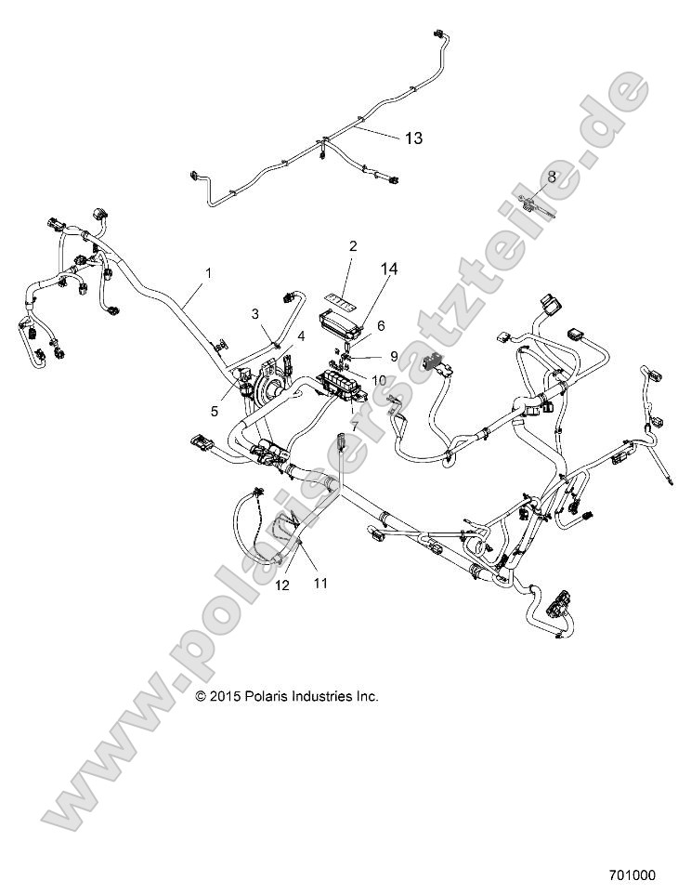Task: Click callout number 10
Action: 379,380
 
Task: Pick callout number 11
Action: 321,584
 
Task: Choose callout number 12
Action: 282,585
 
